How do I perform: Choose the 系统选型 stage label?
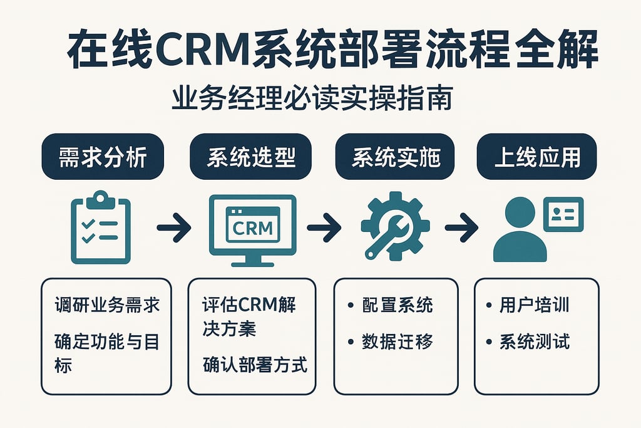[x=250, y=157]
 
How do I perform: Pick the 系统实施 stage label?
[x=396, y=157]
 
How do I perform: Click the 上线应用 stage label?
[x=536, y=157]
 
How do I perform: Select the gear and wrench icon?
[x=395, y=226]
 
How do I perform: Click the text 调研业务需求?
[x=107, y=306]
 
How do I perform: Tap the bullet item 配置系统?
[x=397, y=306]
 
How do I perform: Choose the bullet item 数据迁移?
[x=397, y=342]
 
